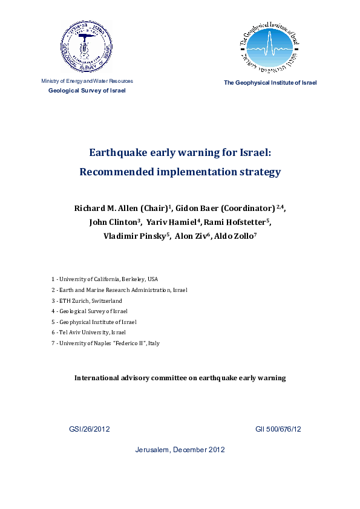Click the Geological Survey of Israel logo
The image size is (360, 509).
click(87, 46)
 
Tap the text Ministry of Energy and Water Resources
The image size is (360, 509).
click(87, 81)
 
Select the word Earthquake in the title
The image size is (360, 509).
click(117, 153)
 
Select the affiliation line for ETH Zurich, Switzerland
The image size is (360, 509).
click(87, 300)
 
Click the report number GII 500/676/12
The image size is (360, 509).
click(278, 429)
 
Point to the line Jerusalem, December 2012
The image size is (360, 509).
click(180, 450)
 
